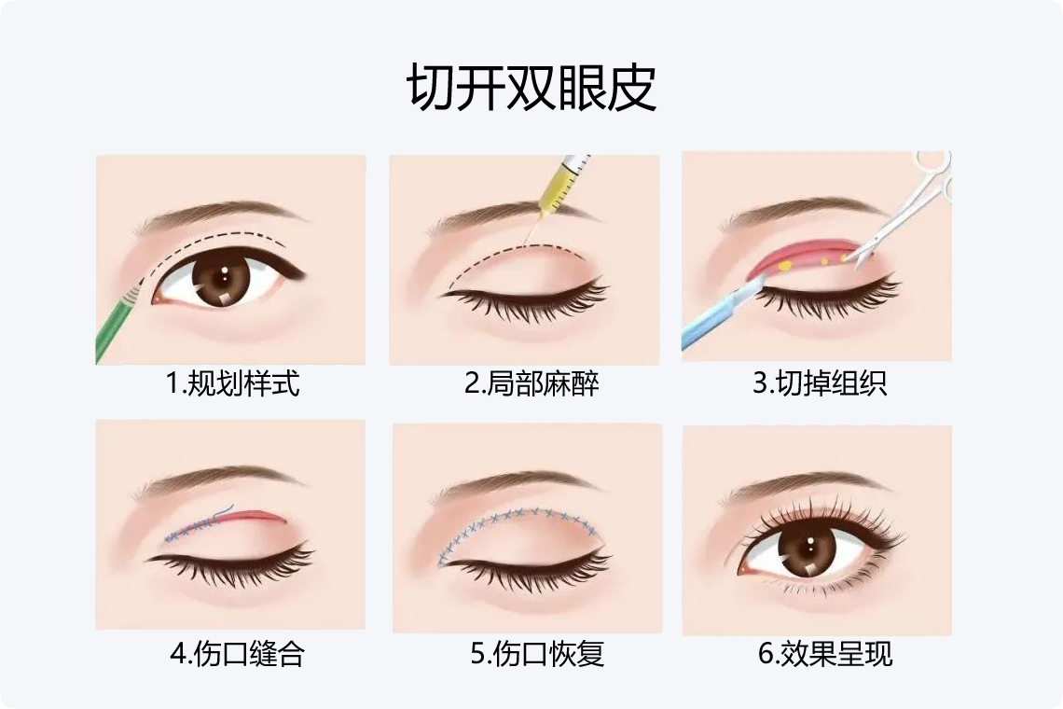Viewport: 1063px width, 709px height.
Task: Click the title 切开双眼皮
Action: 531,88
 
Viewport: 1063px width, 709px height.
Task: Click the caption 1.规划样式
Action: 232,383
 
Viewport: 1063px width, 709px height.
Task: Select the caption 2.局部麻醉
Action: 531,383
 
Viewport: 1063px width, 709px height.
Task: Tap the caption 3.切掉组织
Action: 820,383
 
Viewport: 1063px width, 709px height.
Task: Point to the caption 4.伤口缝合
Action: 237,653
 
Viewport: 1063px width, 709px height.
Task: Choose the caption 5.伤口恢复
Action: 537,653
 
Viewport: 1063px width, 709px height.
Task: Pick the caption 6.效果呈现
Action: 825,653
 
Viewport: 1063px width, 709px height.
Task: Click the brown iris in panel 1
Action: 222,278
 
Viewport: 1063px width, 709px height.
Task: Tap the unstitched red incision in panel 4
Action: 252,516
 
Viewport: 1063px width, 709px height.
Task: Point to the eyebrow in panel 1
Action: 221,215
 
